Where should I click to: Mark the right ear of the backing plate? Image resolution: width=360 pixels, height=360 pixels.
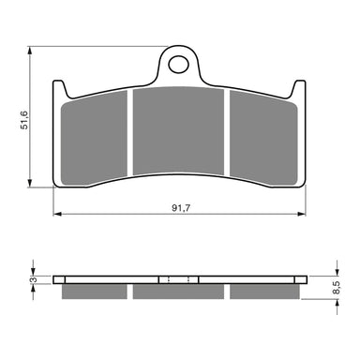[x=300, y=89]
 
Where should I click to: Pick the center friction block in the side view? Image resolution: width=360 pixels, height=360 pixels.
[x=179, y=292]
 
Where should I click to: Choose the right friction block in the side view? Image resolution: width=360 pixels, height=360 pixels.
[x=264, y=292]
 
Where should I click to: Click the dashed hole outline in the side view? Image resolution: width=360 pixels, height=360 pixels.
[x=179, y=279]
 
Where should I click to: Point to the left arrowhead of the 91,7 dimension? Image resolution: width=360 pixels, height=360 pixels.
[x=54, y=216]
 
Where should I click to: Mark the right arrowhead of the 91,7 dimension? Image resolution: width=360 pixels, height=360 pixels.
[x=305, y=216]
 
